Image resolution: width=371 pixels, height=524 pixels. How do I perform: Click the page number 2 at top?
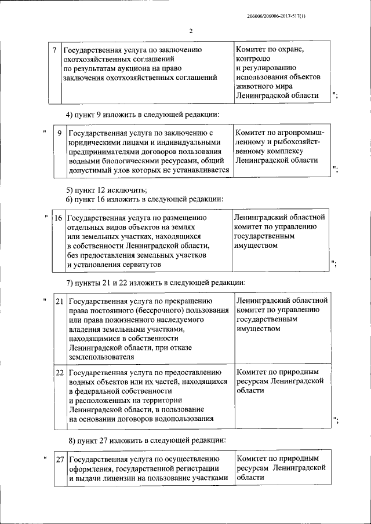click(190, 31)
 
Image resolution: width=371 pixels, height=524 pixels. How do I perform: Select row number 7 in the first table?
click(54, 50)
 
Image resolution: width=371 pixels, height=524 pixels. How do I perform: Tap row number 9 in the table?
click(59, 134)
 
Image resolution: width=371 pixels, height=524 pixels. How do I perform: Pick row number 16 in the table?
click(59, 218)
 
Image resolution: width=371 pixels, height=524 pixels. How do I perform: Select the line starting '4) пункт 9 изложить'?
click(143, 114)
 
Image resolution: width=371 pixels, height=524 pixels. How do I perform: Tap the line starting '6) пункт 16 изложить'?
click(144, 199)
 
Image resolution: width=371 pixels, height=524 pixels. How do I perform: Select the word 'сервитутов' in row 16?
click(141, 265)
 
